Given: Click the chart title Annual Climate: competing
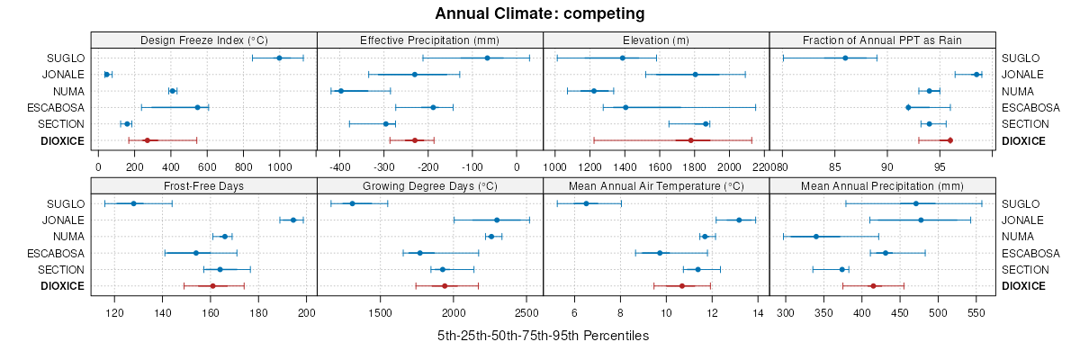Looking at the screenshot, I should point(540,13).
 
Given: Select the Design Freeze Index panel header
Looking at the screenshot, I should point(204,40).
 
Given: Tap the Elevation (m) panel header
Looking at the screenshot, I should point(656,40).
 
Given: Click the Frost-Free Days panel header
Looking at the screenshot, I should point(204,185).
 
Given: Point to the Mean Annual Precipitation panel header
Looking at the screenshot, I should point(882,185).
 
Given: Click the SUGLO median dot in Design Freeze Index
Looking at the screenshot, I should point(279,58).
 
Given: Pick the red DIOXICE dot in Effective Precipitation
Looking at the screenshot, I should point(415,140).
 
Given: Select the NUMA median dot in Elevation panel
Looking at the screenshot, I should point(594,91).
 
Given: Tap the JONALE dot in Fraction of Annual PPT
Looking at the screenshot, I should point(976,75).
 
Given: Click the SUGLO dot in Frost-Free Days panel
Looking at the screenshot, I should point(133,203).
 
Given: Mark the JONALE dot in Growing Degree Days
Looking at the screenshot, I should point(497,220).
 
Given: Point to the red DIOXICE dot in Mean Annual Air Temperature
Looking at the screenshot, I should point(682,286).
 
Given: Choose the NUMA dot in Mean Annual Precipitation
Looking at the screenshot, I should point(816,237).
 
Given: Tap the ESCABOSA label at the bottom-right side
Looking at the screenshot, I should point(1027,253).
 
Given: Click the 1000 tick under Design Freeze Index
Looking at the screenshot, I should point(279,166).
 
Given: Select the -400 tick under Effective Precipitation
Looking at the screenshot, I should point(340,166).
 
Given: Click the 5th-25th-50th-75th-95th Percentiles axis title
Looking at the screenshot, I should point(543,336).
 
